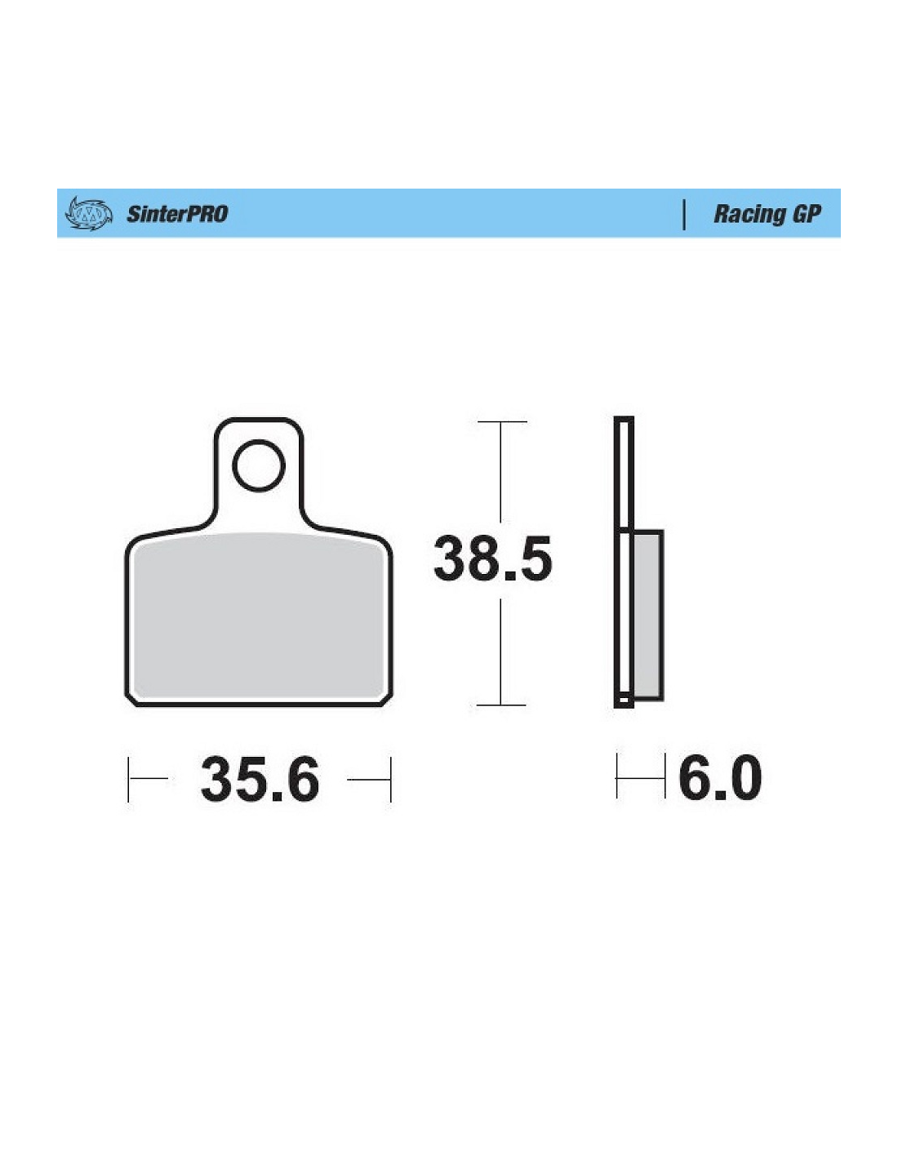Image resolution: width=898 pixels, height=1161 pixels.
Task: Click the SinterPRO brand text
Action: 177,214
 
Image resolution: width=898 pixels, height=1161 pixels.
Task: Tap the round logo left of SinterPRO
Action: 89,214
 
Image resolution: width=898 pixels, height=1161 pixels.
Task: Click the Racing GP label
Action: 767,214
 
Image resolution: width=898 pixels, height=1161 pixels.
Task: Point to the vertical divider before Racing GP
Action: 684,215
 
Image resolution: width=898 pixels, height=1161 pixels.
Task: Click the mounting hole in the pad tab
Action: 259,465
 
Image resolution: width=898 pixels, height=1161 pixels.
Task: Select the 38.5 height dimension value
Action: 492,558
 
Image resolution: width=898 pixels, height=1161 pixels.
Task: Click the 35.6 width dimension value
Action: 260,779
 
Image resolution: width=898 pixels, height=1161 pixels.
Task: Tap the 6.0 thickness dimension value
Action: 720,777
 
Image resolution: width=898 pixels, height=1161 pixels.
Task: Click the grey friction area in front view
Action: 259,616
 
